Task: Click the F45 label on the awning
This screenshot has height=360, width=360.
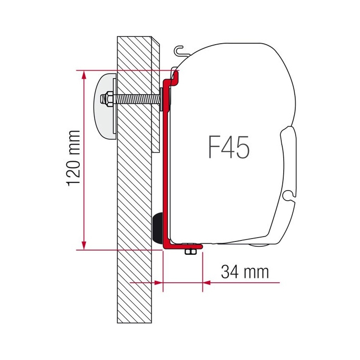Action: [x=228, y=147]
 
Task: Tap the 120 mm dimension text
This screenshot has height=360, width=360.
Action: [x=74, y=158]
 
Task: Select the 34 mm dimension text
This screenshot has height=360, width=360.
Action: [x=245, y=272]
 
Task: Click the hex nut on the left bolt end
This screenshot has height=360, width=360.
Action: [x=107, y=99]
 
